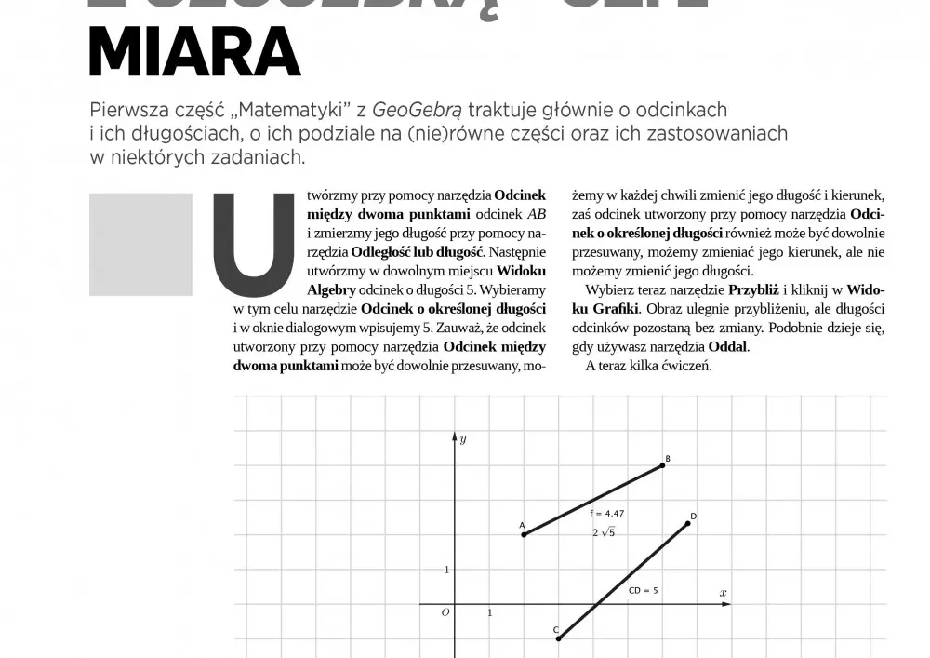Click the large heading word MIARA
coord(194,53)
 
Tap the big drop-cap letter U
coord(247,240)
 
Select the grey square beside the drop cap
coord(140,244)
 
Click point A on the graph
coord(524,534)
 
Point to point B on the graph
coord(663,464)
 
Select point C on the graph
coord(559,638)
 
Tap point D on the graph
coord(688,523)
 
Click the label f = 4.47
coord(606,513)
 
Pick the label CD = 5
coord(644,590)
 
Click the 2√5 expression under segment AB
coord(604,532)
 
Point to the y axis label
coord(463,437)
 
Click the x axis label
coord(723,592)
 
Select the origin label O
coord(445,611)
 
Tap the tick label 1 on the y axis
coord(446,570)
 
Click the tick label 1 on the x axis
coord(490,612)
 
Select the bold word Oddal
coord(727,346)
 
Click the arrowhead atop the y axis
coord(455,436)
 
